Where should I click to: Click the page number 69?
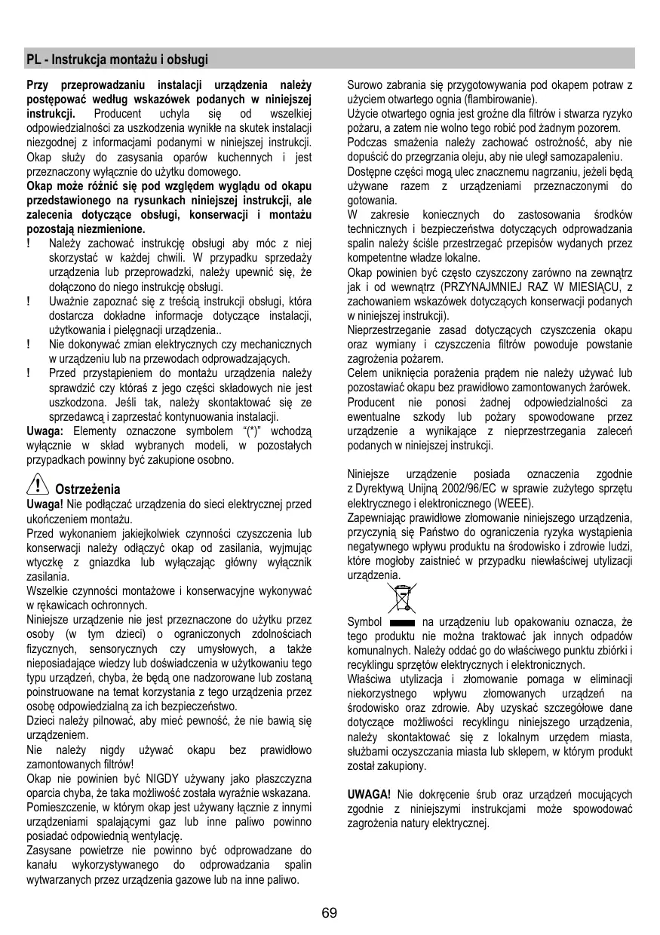coord(330,913)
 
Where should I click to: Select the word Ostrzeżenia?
coord(88,489)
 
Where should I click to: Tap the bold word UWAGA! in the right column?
coord(369,795)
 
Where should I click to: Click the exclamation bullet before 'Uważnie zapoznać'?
coord(29,301)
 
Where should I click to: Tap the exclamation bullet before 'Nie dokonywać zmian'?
coord(29,344)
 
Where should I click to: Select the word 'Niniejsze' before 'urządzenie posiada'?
coord(369,474)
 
